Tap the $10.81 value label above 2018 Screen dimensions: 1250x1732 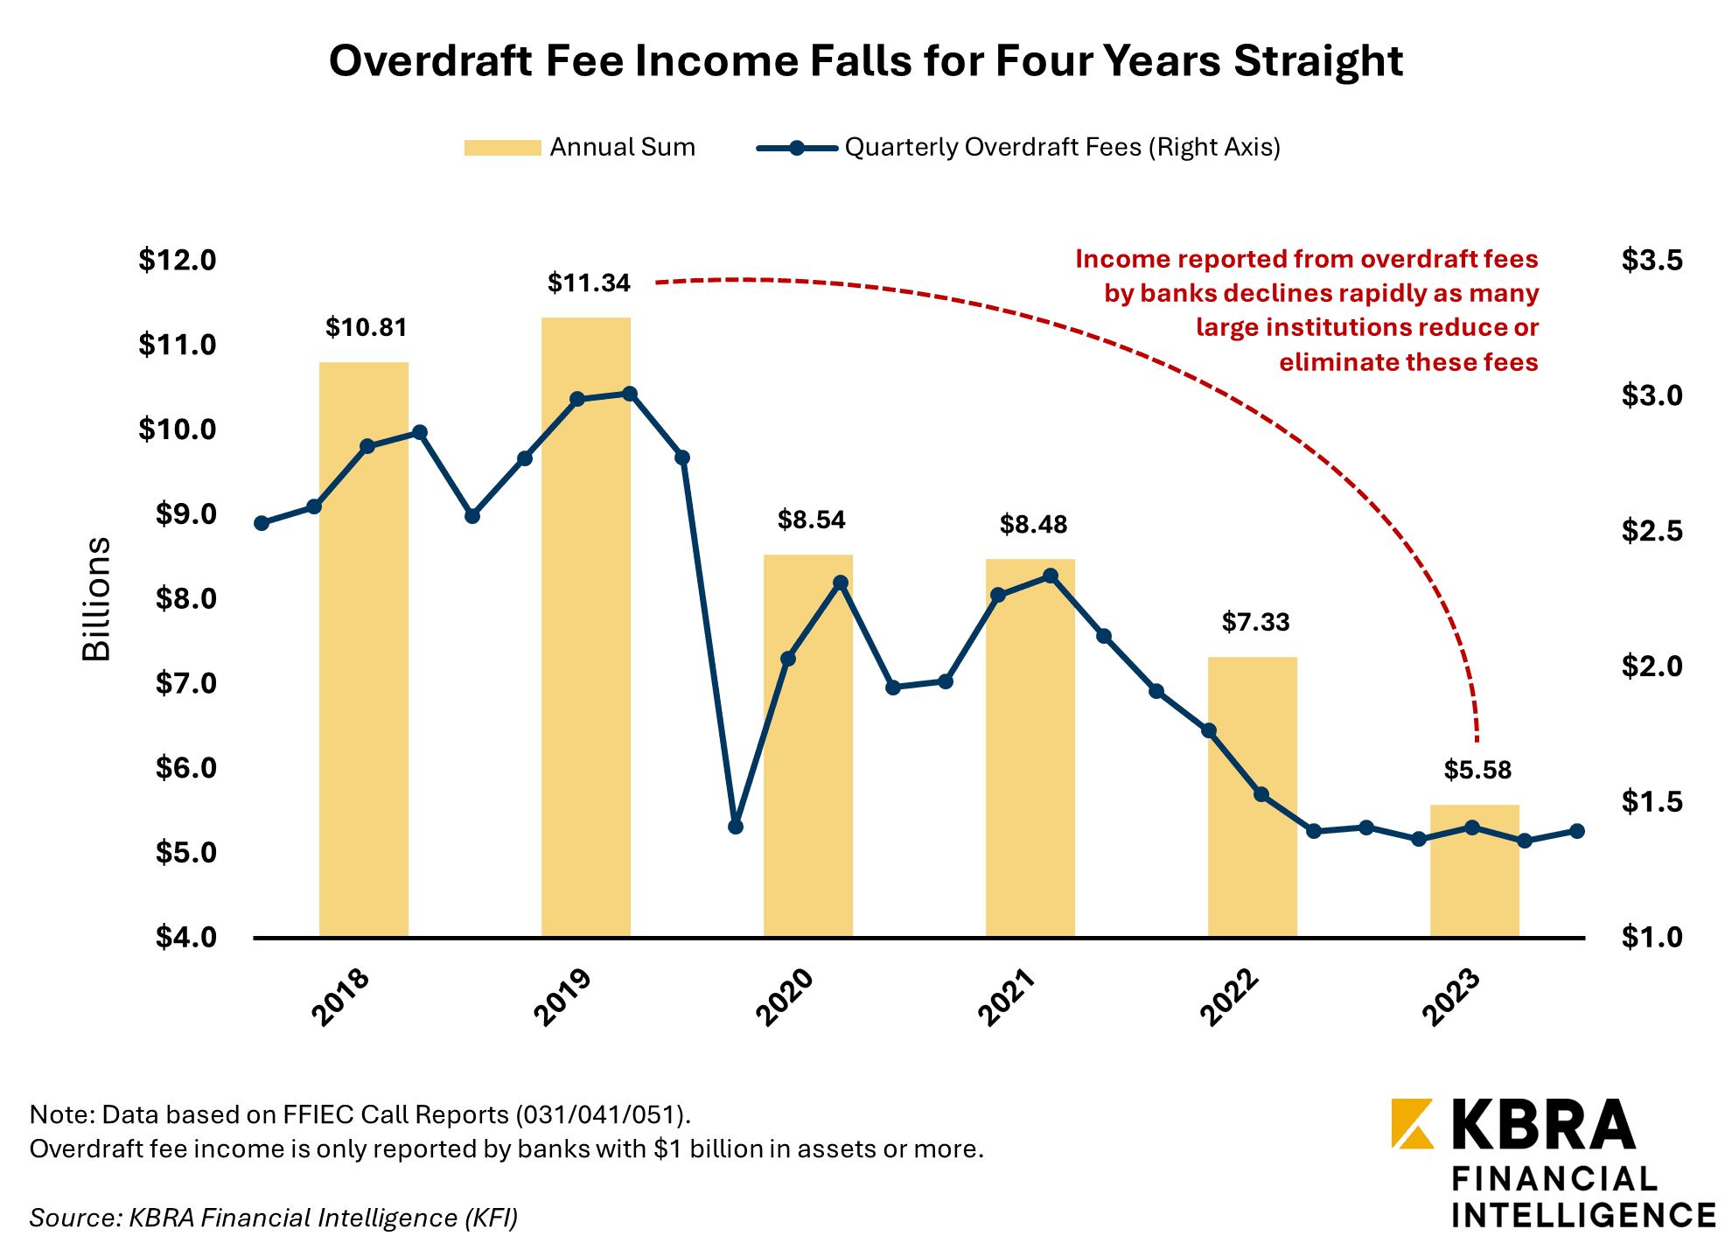pyautogui.click(x=367, y=328)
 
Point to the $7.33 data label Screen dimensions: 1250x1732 pyautogui.click(x=1255, y=623)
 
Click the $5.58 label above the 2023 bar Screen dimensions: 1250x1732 pyautogui.click(x=1477, y=771)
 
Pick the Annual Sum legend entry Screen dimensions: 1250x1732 pyautogui.click(x=580, y=147)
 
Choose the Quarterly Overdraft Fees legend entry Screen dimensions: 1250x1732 pyautogui.click(x=1018, y=147)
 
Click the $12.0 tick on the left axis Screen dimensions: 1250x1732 pyautogui.click(x=177, y=261)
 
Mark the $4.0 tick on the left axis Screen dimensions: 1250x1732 pyautogui.click(x=185, y=938)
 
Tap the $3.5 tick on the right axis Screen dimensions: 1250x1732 pyautogui.click(x=1652, y=261)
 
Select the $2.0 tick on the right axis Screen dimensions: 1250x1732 pyautogui.click(x=1652, y=667)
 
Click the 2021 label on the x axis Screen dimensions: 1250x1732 pyautogui.click(x=1007, y=997)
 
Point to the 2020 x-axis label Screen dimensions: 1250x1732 pyautogui.click(x=785, y=997)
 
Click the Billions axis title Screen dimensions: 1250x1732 pyautogui.click(x=96, y=599)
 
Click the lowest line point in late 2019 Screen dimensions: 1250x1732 pyautogui.click(x=736, y=827)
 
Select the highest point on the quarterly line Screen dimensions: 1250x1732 pyautogui.click(x=630, y=394)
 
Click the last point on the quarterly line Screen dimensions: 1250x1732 pyautogui.click(x=1577, y=831)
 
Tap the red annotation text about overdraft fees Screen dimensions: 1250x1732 pyautogui.click(x=1307, y=311)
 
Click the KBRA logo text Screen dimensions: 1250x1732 pyautogui.click(x=1543, y=1125)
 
